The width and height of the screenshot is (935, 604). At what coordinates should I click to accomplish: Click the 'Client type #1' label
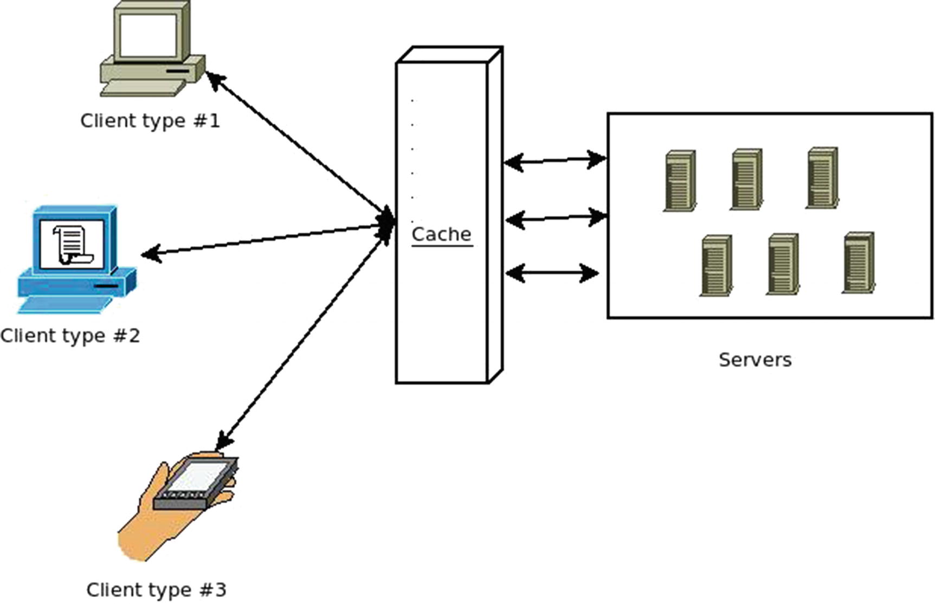pos(150,120)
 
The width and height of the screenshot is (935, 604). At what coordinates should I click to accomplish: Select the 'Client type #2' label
pos(70,336)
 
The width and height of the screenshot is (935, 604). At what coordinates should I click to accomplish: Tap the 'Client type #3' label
pos(156,589)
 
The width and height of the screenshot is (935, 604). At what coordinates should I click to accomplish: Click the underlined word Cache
pos(441,234)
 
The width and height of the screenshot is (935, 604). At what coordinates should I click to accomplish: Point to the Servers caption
pos(755,359)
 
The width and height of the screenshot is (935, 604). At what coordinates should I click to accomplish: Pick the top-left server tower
pos(680,181)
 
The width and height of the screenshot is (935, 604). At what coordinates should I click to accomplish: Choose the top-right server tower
pos(822,177)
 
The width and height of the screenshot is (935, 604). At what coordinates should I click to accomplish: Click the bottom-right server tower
pos(859,263)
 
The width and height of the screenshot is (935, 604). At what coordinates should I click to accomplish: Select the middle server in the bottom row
pos(783,264)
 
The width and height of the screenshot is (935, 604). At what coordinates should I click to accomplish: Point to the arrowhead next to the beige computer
pos(214,80)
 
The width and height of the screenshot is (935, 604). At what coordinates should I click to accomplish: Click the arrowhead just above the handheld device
pos(224,440)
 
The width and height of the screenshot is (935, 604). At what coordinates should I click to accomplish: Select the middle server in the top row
pos(746,179)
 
